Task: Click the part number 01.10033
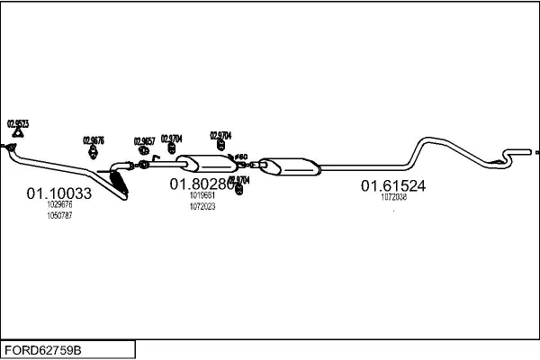point(58,193)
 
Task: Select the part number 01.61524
point(393,186)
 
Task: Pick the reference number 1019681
point(202,195)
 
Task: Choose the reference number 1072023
point(202,206)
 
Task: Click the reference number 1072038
point(393,197)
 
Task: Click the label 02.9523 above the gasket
point(18,122)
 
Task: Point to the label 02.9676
point(94,139)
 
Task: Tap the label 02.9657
point(144,140)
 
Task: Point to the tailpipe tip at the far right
point(535,151)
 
